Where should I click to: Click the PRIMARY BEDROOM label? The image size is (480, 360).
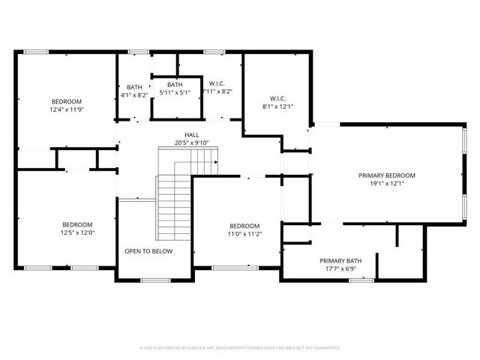(386, 175)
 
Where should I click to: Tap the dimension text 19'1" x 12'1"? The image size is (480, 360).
(386, 184)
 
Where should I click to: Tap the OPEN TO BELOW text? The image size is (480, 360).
(148, 251)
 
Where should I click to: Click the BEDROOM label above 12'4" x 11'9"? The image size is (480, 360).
(66, 101)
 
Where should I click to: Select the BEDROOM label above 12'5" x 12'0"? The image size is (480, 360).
(76, 225)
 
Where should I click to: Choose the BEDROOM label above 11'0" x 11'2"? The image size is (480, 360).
(244, 226)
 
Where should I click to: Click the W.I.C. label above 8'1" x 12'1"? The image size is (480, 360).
(277, 98)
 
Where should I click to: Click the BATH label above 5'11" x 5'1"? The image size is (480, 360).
(174, 84)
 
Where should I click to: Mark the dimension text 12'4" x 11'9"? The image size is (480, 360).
(66, 109)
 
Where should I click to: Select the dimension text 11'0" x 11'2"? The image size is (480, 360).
(244, 235)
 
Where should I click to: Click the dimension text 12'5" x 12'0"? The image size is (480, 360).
(76, 233)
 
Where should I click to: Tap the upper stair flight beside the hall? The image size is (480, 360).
(188, 159)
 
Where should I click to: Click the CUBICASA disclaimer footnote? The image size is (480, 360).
(240, 348)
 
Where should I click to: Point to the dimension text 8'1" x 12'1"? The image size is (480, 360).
(277, 106)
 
